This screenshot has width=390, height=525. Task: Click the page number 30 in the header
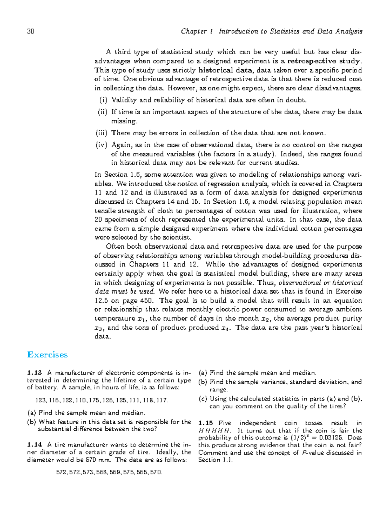pos(31,32)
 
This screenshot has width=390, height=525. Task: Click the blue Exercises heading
pos(47,355)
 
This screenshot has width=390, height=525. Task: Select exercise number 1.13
pos(35,373)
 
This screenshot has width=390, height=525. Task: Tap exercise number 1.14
pos(35,445)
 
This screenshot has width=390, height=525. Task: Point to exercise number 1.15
pos(206,423)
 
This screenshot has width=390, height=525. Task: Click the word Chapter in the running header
pos(194,32)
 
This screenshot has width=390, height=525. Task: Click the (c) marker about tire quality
pos(202,399)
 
